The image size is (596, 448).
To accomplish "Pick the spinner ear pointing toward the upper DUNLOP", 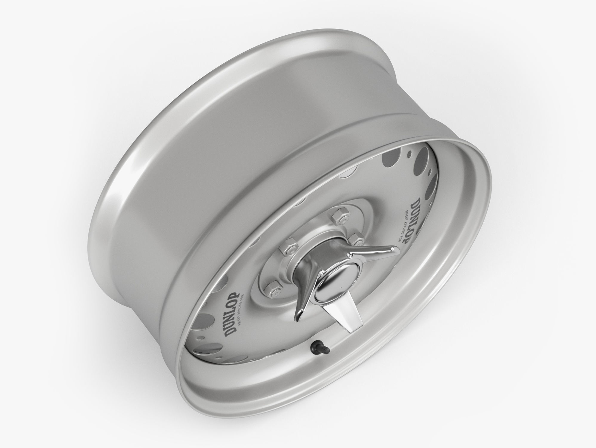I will click(x=373, y=243).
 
